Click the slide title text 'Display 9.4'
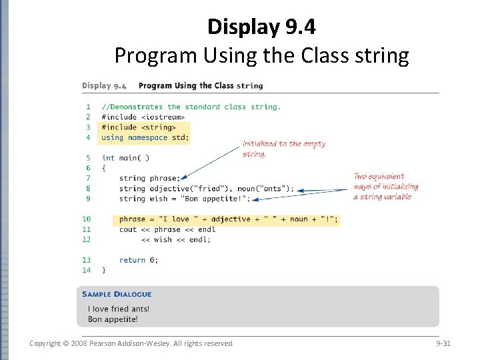pos(261,27)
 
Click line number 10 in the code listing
pos(86,219)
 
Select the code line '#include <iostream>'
pos(143,117)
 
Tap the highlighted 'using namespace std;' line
pos(145,137)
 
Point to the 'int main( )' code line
pos(125,158)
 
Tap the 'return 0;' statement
pos(139,260)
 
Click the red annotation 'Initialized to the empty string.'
pos(284,149)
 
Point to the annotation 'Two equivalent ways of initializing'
pos(386,182)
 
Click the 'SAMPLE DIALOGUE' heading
pos(117,294)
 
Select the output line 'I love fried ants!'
pos(119,309)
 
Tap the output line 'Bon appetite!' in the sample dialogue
pos(113,319)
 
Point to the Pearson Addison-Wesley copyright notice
pos(131,343)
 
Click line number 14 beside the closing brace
pos(86,270)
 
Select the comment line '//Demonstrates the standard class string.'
pos(191,107)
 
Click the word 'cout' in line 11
pos(128,229)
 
